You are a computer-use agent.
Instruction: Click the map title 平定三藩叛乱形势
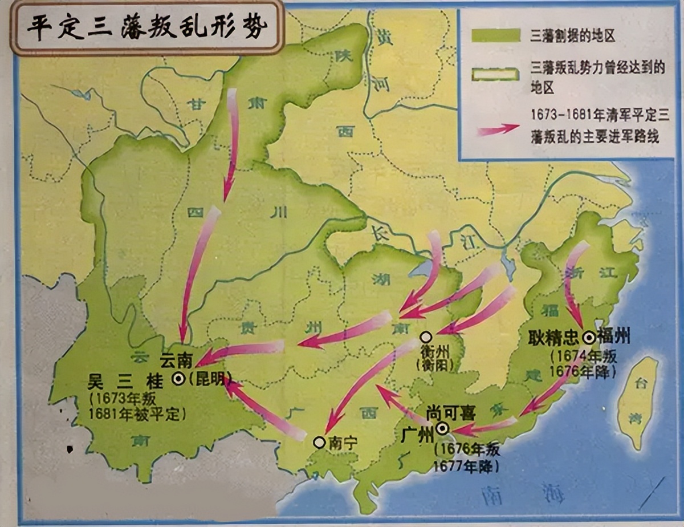pyautogui.click(x=147, y=28)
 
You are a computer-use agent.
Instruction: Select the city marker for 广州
pyautogui.click(x=442, y=428)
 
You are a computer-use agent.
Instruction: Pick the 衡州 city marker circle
pyautogui.click(x=425, y=337)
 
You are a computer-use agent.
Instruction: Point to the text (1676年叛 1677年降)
pyautogui.click(x=466, y=457)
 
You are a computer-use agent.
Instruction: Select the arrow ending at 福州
pyautogui.click(x=573, y=285)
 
